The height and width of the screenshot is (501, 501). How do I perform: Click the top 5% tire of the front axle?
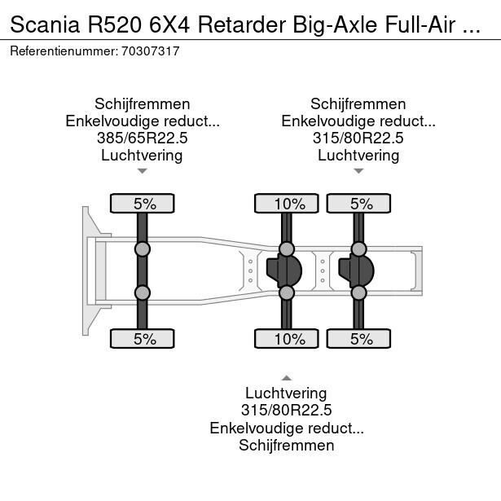coord(143,204)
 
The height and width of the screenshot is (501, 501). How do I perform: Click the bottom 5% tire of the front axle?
coord(143,339)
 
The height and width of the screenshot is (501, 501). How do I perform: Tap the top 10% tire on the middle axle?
coord(287,204)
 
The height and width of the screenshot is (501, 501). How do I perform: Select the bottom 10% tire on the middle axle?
coord(287,339)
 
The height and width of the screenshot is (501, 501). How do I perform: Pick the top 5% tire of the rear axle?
coord(358,204)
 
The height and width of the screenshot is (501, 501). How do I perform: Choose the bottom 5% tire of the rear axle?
coord(358,339)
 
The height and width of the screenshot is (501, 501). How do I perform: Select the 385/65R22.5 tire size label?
coord(143,138)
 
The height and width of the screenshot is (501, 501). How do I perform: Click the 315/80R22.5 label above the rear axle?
coord(358,138)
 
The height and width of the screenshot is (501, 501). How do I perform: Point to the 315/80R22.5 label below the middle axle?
coord(287,411)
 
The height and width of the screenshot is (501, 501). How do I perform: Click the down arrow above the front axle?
coord(143,171)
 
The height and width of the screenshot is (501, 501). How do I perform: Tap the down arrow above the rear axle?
coord(358,171)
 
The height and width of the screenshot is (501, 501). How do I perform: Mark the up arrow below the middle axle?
coord(287,377)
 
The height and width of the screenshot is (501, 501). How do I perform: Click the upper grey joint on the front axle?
coord(143,248)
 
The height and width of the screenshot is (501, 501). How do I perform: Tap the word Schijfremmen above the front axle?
coord(143,104)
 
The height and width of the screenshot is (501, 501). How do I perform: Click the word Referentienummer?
coord(62,51)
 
